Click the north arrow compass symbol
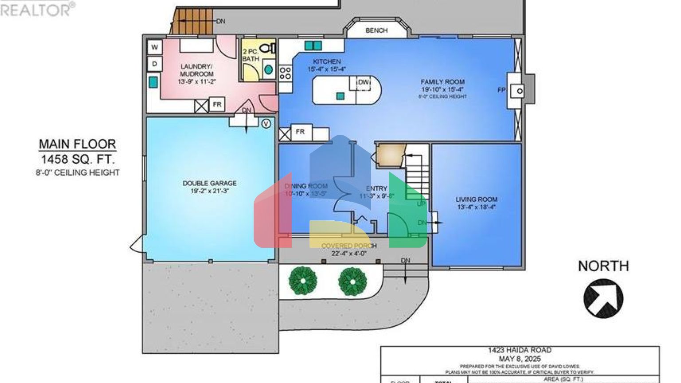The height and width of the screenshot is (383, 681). (x=603, y=298)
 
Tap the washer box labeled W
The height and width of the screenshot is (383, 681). (x=155, y=47)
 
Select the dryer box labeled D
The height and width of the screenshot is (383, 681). (x=155, y=64)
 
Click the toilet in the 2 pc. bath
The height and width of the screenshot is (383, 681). (x=267, y=48)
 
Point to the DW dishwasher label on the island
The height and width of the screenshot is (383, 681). (x=364, y=82)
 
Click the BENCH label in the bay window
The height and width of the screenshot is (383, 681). (x=376, y=30)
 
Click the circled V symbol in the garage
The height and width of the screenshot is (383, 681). (x=266, y=124)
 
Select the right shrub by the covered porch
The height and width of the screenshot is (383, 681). (x=352, y=281)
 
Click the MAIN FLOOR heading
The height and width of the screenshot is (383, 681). (x=78, y=144)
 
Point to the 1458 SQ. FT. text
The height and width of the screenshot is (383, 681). (x=78, y=159)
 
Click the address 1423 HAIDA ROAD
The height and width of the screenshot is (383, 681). (x=520, y=350)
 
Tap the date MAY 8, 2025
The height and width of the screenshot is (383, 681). (x=520, y=359)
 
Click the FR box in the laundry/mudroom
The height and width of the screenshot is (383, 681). (x=217, y=105)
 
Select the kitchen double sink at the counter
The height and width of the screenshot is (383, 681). (x=313, y=46)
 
